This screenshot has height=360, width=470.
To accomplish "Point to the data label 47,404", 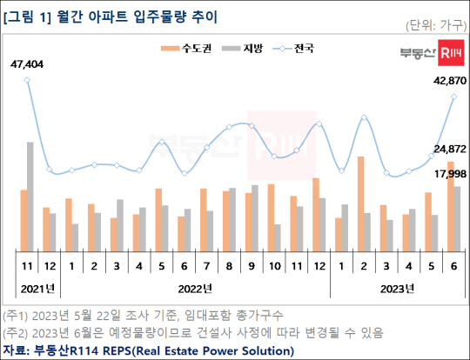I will tap(28, 63).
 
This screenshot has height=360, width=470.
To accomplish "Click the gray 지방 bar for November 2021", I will tap(30, 196).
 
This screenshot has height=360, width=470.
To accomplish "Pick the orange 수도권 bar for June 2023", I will tap(449, 205).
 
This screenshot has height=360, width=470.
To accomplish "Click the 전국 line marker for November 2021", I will tap(28, 80).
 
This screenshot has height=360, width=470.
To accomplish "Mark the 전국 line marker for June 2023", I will tap(453, 97).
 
